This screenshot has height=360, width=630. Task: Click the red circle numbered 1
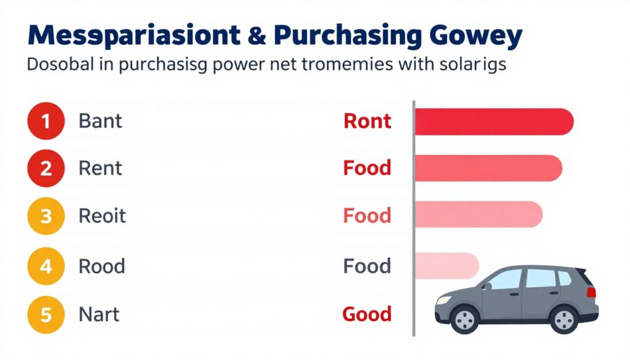click(46, 121)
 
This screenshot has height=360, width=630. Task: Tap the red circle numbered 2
click(46, 169)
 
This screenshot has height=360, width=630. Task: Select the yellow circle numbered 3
click(46, 216)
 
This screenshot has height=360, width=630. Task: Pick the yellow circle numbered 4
click(46, 266)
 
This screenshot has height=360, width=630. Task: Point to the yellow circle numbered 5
click(46, 314)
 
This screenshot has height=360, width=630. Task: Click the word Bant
click(100, 121)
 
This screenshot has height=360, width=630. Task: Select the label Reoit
click(102, 216)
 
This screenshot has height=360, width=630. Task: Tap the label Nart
click(99, 314)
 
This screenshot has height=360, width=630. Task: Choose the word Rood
click(102, 266)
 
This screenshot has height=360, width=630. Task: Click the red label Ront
click(367, 121)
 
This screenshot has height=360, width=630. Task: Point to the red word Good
click(367, 314)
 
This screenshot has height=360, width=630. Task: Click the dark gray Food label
click(367, 266)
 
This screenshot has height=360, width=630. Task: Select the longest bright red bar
click(494, 122)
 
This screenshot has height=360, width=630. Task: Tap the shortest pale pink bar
click(447, 266)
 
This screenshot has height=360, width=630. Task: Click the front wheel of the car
click(465, 319)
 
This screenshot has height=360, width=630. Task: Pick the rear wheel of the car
click(565, 319)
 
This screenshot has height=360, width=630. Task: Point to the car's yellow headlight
click(444, 300)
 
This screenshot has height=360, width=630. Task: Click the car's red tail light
click(591, 292)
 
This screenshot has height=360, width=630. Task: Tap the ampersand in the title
click(257, 35)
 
